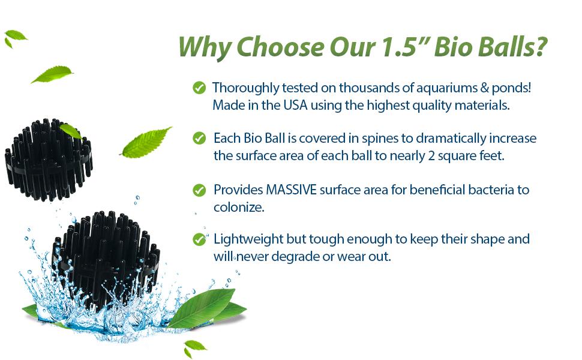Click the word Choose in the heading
tap(280, 47)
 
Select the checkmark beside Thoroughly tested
tap(199, 88)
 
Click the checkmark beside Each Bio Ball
tap(199, 138)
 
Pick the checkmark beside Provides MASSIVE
tap(199, 190)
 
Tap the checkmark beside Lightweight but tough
tap(199, 239)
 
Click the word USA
tap(295, 105)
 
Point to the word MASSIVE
tap(292, 190)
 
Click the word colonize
tap(239, 207)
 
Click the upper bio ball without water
tap(48, 160)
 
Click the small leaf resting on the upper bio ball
tap(71, 131)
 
